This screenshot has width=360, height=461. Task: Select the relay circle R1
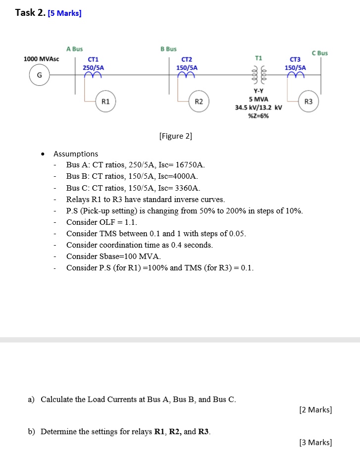tap(105, 101)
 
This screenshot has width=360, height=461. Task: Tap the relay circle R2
tap(199, 102)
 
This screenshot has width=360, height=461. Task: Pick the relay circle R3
tap(309, 102)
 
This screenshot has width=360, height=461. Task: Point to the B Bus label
tap(168, 49)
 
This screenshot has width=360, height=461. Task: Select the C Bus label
tap(319, 53)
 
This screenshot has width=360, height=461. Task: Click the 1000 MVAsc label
tap(42, 59)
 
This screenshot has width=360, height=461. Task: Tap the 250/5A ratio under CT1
tap(93, 67)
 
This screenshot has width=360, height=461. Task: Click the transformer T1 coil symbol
tap(258, 75)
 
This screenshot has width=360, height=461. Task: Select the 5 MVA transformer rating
tap(258, 100)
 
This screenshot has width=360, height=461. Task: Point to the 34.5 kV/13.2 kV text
tap(258, 108)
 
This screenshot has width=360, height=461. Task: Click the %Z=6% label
tap(258, 116)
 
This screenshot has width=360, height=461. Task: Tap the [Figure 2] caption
tap(176, 136)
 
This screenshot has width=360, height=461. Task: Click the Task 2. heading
tap(31, 13)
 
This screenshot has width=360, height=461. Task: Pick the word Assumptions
tap(76, 154)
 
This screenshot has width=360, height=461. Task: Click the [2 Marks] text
tap(315, 410)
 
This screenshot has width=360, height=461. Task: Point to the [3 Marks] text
tap(315, 443)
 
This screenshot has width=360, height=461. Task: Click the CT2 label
tap(187, 59)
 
